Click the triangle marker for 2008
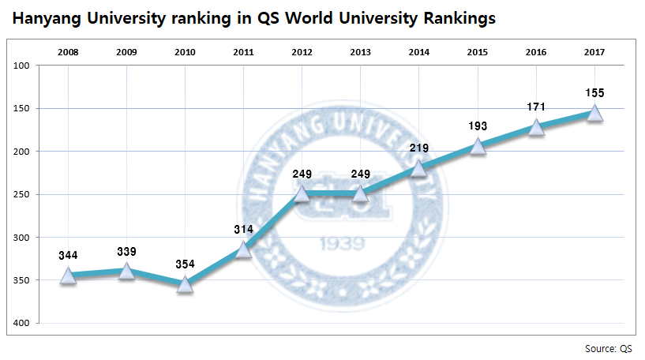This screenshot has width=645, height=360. coord(68,275)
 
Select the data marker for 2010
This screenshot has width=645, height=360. coord(185,283)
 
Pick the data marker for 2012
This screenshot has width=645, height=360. coord(302,193)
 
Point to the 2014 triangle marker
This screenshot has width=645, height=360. coord(419,167)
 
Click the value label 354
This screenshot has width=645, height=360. coord(185,263)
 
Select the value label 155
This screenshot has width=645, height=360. coord(595,93)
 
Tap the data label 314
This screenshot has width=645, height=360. coord(243,229)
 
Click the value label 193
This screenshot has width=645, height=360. coord(478,126)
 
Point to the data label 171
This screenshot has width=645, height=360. coord(536,107)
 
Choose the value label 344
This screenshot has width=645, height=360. coord(68,255)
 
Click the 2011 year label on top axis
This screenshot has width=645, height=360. coord(243,52)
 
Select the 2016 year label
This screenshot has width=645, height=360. coord(536,52)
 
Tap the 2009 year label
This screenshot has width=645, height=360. coord(126,52)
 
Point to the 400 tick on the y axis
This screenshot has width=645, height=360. coord(21,323)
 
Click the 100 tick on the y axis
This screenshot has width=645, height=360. coord(21,66)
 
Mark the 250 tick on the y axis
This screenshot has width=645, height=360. coord(21,194)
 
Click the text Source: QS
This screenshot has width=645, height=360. coord(609,348)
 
